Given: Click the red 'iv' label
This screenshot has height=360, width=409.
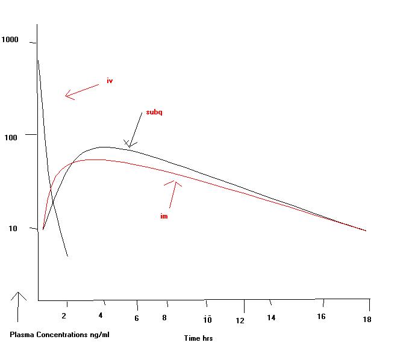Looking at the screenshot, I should [x=110, y=81].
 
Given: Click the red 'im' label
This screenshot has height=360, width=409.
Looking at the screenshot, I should [x=163, y=216].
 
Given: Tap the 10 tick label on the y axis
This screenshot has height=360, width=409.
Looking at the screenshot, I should [x=16, y=229].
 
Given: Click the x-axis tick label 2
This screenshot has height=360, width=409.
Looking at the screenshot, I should [x=64, y=315].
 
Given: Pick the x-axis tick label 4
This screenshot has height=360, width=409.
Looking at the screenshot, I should [x=101, y=315].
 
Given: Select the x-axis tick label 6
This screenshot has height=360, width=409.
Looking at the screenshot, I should [x=137, y=318].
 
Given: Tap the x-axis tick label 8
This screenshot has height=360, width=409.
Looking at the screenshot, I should [x=164, y=318].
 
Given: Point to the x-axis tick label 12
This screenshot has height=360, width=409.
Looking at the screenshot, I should [x=240, y=320].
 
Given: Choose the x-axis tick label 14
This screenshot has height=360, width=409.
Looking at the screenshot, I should [x=272, y=317].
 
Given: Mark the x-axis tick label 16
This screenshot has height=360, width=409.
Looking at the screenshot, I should [x=321, y=317].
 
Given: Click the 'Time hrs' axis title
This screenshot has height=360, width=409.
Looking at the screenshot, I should [x=198, y=338].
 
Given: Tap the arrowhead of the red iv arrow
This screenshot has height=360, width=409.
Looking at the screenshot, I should [x=66, y=95].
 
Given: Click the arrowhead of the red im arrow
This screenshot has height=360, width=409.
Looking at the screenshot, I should [x=175, y=182].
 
